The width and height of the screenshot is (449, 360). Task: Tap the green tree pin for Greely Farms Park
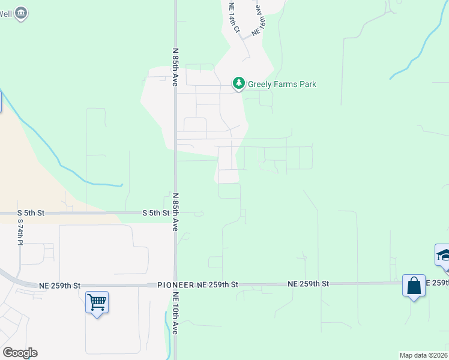[239, 83]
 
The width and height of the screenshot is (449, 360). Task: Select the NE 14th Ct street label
[234, 17]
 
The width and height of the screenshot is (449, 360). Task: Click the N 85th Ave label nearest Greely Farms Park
[175, 67]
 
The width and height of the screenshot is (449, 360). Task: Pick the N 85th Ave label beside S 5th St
[175, 212]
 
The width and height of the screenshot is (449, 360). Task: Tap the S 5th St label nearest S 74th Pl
[31, 213]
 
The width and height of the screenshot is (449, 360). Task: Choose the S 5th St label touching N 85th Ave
[155, 213]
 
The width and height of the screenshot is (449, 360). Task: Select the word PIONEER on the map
[176, 284]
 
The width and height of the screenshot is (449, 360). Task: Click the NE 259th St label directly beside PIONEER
[218, 284]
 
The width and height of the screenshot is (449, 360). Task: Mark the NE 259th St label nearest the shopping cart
[60, 286]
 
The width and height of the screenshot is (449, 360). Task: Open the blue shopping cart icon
[97, 301]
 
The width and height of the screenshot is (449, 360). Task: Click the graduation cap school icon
[444, 254]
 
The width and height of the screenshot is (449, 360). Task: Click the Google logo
[20, 353]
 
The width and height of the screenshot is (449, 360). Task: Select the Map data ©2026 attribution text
[424, 355]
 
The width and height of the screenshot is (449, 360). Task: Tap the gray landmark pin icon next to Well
[22, 13]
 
